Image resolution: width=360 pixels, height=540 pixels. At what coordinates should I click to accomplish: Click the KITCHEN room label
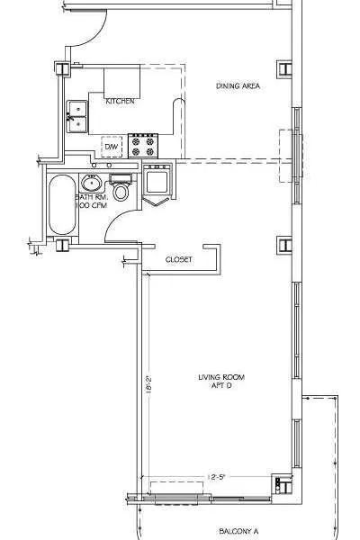click(x=121, y=102)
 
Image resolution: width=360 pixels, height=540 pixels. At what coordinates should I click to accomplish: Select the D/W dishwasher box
click(x=112, y=146)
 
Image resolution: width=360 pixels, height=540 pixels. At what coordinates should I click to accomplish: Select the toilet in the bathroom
click(x=121, y=190)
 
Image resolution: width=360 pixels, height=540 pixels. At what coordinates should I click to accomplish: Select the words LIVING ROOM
click(x=221, y=377)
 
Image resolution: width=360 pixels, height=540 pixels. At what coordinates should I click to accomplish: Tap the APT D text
click(x=221, y=386)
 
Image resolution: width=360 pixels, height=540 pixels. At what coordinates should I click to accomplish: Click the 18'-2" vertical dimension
click(x=146, y=385)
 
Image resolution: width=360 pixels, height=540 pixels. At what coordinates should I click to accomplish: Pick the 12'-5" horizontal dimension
click(x=219, y=476)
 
